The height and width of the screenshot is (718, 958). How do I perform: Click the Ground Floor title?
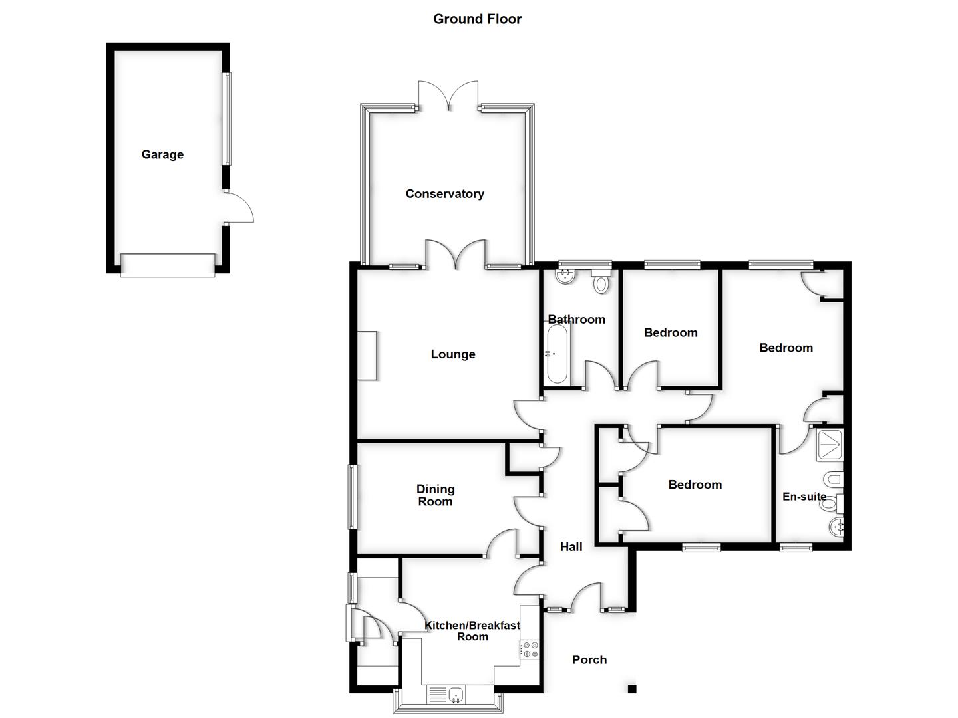[x=477, y=19]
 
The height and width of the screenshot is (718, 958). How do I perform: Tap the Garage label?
[x=162, y=154]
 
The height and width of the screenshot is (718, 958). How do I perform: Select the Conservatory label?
[x=444, y=194]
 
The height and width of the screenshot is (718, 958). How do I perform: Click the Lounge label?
[x=453, y=354]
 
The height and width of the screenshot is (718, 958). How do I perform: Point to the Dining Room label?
[x=435, y=495]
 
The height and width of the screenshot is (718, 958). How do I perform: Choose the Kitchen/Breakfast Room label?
[x=472, y=631]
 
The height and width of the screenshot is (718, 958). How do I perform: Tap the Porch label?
[x=589, y=659]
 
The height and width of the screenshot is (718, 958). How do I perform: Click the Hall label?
[x=571, y=547]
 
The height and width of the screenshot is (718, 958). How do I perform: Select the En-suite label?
[x=804, y=497]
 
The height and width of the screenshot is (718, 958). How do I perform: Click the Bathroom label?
[x=576, y=320]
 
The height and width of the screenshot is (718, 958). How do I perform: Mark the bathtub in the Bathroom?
[x=557, y=354]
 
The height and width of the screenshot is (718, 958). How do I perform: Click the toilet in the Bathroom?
[x=601, y=282]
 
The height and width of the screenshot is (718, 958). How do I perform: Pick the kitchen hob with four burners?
[x=530, y=649]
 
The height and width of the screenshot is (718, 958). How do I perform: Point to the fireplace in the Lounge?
[x=367, y=356]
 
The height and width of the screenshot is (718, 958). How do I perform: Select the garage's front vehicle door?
[x=168, y=264]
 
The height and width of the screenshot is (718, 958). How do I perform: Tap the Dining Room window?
[x=352, y=497]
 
